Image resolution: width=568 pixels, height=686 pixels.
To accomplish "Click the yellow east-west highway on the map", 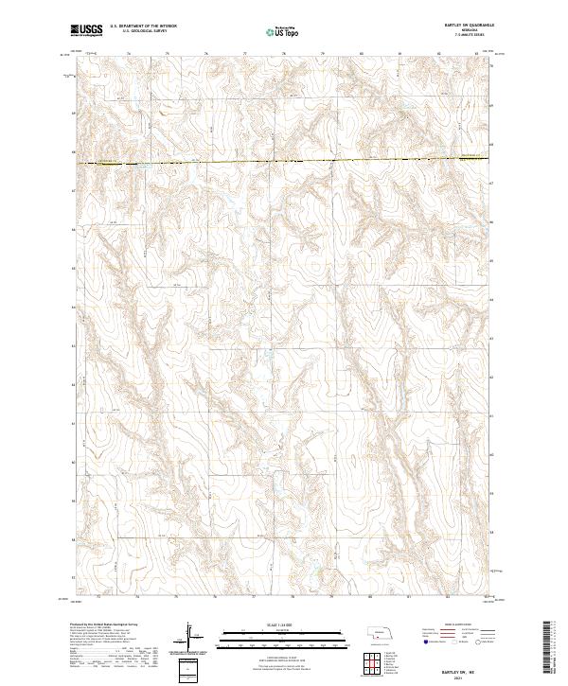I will click(x=284, y=162).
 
